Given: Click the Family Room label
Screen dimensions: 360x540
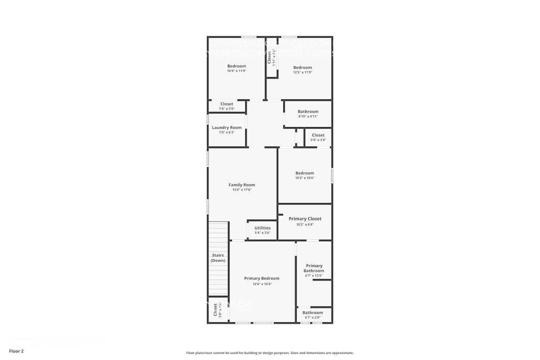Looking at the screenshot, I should coord(242,185).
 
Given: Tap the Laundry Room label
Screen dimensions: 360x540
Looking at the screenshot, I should coord(227,127).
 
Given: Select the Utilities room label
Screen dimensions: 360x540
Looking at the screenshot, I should coord(262,228).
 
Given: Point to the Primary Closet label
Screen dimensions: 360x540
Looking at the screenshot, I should coord(305,219).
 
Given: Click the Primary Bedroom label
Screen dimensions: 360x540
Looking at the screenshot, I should coord(262,278).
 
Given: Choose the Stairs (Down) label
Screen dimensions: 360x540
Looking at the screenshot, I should coord(218,258).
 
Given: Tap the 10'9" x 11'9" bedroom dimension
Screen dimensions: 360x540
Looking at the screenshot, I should coord(237,71).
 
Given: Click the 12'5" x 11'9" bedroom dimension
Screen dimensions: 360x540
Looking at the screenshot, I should coord(302,72).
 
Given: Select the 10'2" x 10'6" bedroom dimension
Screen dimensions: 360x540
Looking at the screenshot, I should coord(305,178).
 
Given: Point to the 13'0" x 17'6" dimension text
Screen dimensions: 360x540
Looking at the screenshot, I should coord(242,190).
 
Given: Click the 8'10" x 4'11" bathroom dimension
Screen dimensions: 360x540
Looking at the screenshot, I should coord(308,116).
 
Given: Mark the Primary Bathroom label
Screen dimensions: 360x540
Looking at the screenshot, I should coord(314,268).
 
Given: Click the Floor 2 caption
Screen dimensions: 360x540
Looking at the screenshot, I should coord(16,351).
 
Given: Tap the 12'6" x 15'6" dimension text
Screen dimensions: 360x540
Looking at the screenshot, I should coord(262,284).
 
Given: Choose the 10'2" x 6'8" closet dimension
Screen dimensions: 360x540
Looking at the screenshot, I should coord(305,225).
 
